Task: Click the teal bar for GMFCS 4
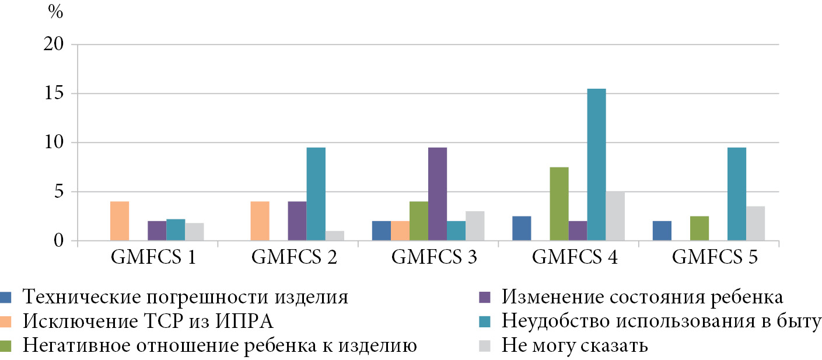596,165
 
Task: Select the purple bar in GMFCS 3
438,194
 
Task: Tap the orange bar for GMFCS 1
120,221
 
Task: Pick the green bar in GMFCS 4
559,204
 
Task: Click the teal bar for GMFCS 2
316,194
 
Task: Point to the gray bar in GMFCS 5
755,223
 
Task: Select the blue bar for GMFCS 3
382,231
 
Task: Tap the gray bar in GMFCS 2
334,236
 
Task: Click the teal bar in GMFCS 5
736,194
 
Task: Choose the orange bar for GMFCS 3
400,231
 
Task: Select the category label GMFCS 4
569,257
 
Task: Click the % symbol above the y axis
55,13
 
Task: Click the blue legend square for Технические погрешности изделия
7,298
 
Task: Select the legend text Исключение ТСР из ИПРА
148,321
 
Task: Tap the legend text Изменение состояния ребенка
642,298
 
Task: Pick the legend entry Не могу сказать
575,345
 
